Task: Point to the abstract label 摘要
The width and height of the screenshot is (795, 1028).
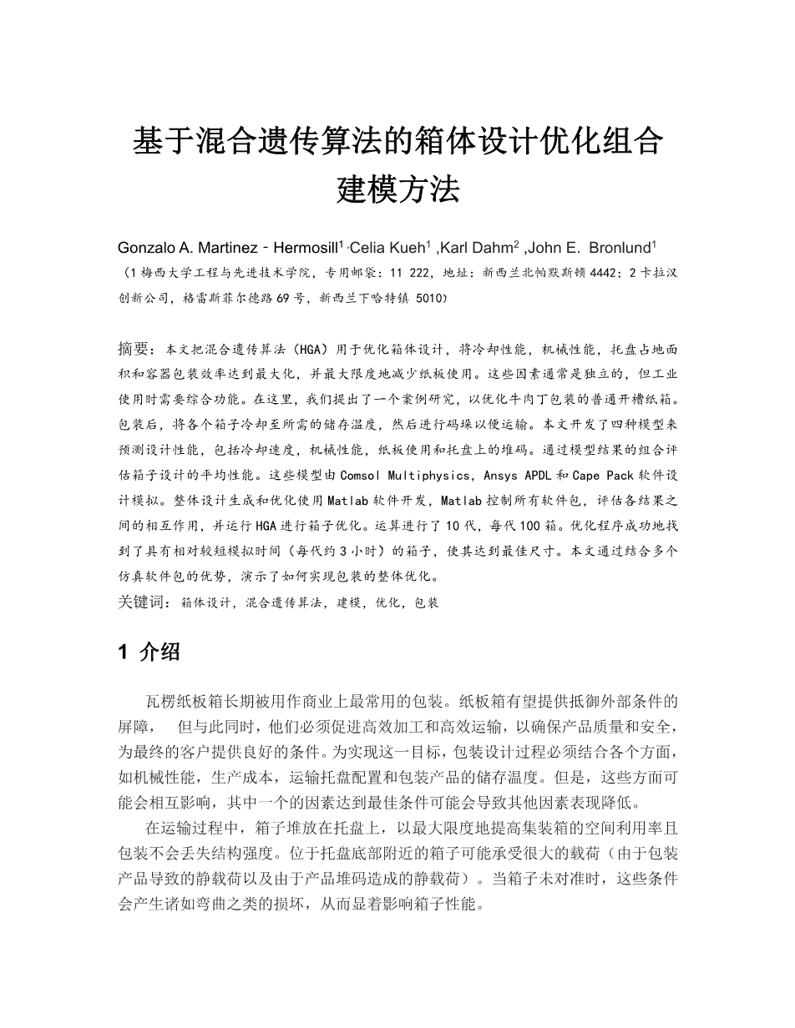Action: pyautogui.click(x=136, y=347)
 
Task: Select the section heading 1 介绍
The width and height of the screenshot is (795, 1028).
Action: pyautogui.click(x=149, y=653)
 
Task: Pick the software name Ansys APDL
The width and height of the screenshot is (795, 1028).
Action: pyautogui.click(x=519, y=475)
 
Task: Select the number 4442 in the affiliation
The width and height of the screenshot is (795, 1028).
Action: pyautogui.click(x=599, y=273)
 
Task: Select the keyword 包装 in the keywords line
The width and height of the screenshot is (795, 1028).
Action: pyautogui.click(x=426, y=601)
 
